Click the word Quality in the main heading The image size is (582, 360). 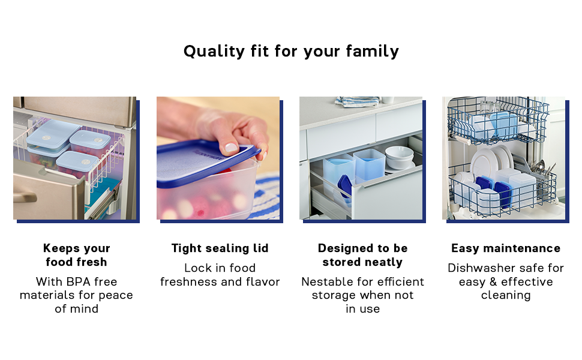[214, 51]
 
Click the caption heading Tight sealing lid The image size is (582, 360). [220, 248]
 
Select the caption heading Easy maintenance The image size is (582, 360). [506, 248]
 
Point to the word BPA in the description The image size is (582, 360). [79, 281]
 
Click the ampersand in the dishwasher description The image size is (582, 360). [493, 281]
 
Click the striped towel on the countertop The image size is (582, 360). [357, 101]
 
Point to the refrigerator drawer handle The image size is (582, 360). [25, 196]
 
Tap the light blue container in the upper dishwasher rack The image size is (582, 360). [503, 125]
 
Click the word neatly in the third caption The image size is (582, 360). [381, 262]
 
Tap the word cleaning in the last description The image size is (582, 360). [506, 295]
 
